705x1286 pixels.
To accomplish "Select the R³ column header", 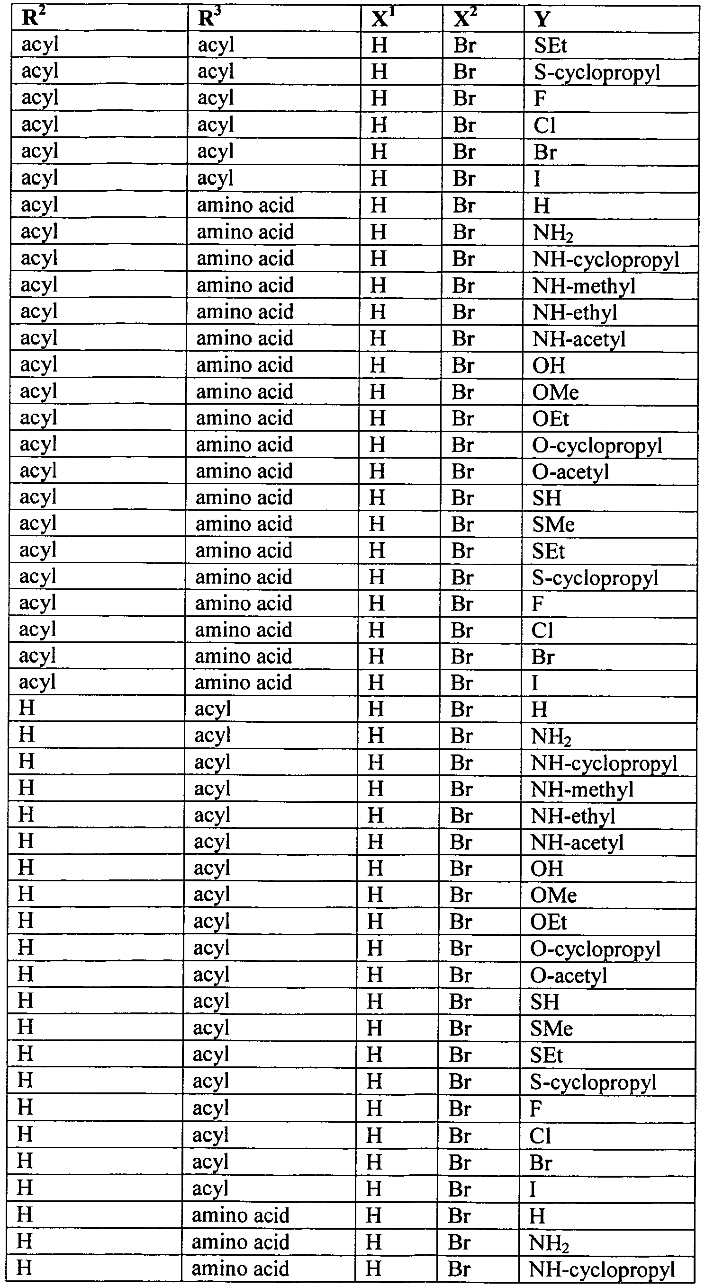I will [x=209, y=19].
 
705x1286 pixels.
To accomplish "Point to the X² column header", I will [x=465, y=19].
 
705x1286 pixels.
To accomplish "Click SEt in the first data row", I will [x=550, y=46].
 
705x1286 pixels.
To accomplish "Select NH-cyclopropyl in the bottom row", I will [x=602, y=1268].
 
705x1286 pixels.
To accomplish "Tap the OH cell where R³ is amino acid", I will [x=549, y=365].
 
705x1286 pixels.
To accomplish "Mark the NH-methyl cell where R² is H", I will [x=582, y=790].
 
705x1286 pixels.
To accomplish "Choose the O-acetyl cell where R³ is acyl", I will [x=569, y=976].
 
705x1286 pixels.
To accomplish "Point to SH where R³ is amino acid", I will [x=547, y=498].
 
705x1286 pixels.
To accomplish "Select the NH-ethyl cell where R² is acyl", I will [x=575, y=312].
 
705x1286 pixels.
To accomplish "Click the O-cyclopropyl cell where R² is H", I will [x=595, y=949].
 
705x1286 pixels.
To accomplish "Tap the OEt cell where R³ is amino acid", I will [x=550, y=419].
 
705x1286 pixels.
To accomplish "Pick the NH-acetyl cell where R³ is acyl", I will [x=577, y=843].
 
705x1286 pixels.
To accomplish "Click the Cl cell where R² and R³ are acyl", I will [x=544, y=125].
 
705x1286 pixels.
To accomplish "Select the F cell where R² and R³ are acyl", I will [x=540, y=99].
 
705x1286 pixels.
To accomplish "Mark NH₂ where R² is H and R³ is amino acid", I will [x=549, y=1242].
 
